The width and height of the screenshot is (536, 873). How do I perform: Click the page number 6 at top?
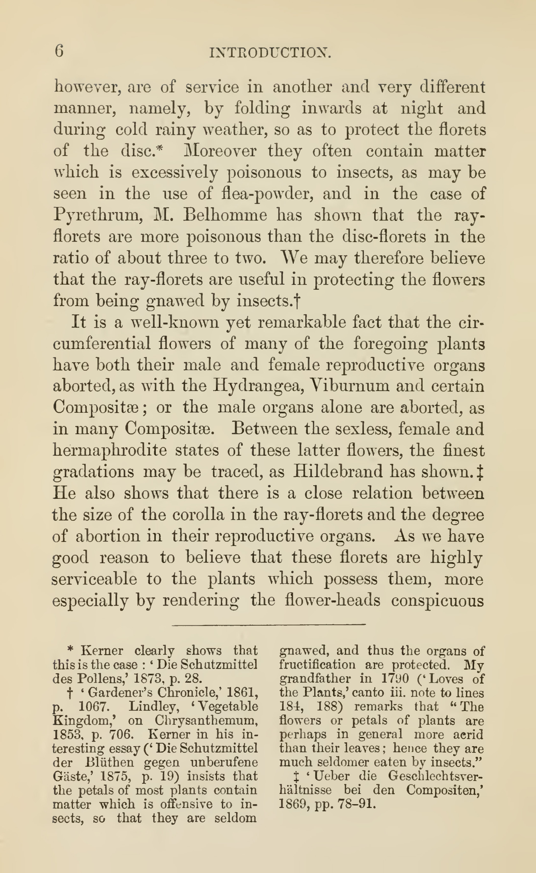coord(59,51)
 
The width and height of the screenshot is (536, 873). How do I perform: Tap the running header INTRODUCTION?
coord(270,53)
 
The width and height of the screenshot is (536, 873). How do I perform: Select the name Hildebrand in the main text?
coord(338,472)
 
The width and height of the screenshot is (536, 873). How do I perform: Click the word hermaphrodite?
coord(110,450)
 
